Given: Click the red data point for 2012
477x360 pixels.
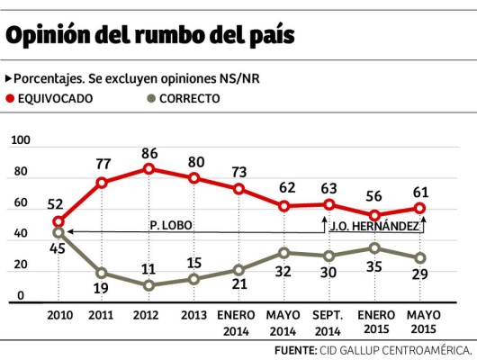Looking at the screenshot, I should click(148, 168).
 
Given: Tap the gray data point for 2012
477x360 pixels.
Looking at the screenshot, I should click(148, 285).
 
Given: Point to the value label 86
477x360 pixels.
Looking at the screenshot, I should click(148, 152).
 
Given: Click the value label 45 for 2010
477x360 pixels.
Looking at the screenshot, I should click(58, 249).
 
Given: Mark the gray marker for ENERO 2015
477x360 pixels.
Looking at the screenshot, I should click(373, 248).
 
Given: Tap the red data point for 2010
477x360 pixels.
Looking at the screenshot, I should click(58, 221).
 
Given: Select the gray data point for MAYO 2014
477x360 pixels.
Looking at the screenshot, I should click(283, 253).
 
